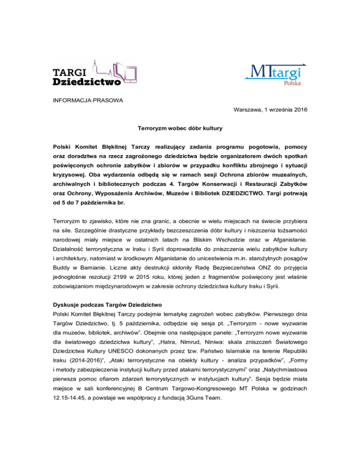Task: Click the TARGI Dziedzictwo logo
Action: pos(87,73)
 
